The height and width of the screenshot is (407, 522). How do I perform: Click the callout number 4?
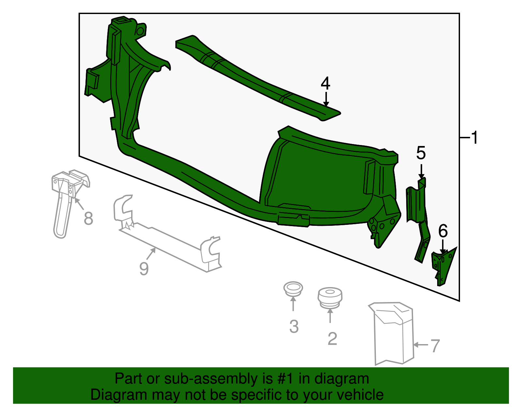click(x=325, y=83)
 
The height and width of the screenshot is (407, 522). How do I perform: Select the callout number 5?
click(x=421, y=153)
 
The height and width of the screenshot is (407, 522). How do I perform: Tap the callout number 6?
click(x=443, y=231)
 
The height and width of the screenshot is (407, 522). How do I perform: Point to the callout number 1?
click(x=475, y=138)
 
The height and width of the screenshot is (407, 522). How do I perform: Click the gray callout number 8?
click(x=88, y=218)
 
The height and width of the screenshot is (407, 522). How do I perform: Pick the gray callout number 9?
click(x=144, y=269)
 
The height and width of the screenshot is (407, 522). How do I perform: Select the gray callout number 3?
click(x=294, y=327)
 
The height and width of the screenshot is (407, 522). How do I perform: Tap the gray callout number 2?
click(x=332, y=339)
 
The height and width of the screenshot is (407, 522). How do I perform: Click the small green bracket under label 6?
click(x=443, y=266)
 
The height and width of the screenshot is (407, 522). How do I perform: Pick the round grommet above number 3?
click(x=293, y=289)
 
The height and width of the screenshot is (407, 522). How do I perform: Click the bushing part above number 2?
click(x=330, y=297)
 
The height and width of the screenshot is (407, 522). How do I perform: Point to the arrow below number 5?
click(x=421, y=171)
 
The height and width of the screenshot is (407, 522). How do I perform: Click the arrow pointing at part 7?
click(x=421, y=344)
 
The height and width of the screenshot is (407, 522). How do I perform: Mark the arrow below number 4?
click(x=326, y=99)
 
